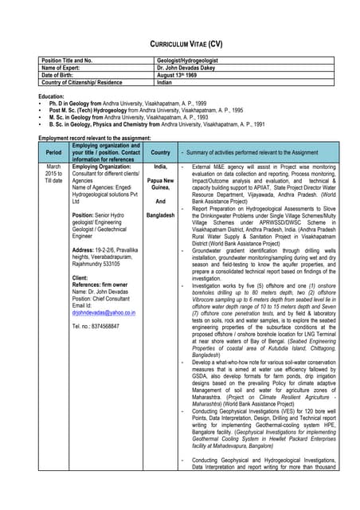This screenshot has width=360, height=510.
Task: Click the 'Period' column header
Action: [x=53, y=152]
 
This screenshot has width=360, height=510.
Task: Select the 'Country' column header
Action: [x=160, y=152]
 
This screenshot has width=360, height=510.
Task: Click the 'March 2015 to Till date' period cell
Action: [x=53, y=174]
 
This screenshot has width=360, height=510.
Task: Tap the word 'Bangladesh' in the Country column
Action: [x=160, y=215]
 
